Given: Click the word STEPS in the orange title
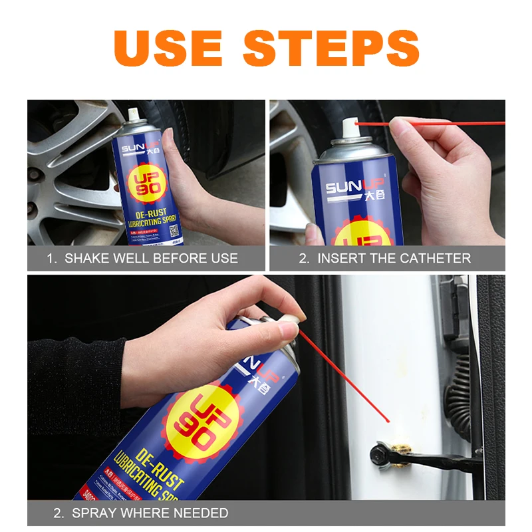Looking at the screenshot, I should pyautogui.click(x=331, y=47).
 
